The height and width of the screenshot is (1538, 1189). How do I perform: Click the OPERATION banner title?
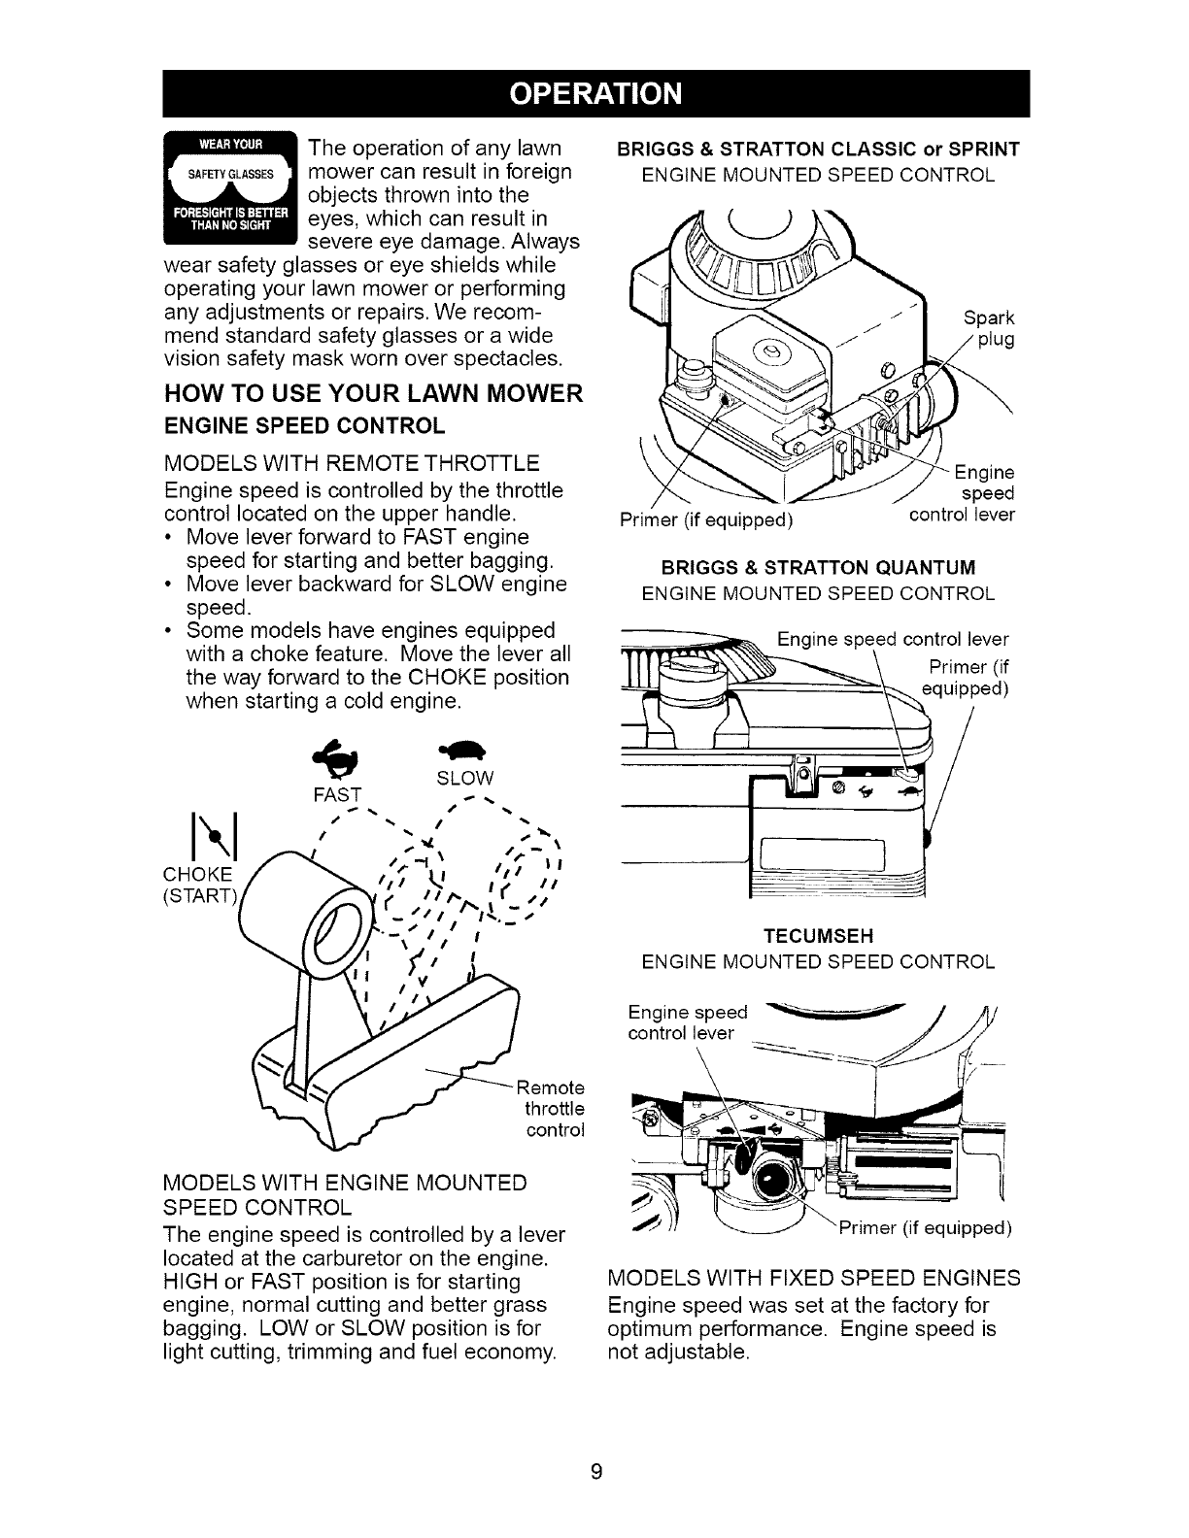tap(594, 93)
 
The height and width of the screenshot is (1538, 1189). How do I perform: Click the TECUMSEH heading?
tap(819, 936)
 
